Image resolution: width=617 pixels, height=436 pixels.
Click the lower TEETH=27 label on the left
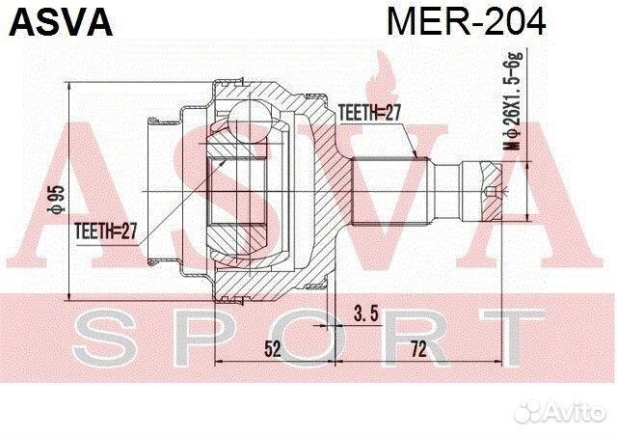[107, 230]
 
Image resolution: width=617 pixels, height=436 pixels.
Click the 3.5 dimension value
[365, 313]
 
